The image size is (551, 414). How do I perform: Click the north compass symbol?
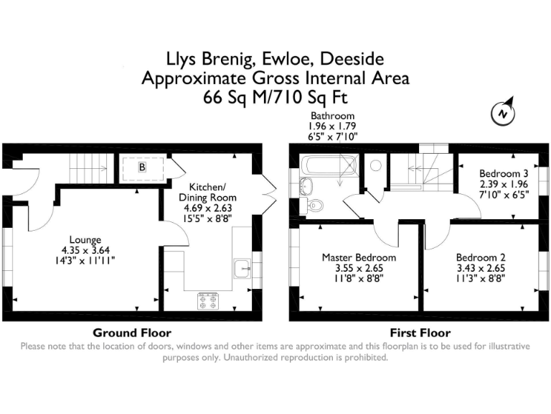(504, 113)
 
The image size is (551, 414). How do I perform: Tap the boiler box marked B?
(142, 167)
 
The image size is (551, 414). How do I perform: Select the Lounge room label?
(85, 240)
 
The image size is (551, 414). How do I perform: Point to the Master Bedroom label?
(359, 257)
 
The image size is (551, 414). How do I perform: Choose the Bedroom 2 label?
(481, 257)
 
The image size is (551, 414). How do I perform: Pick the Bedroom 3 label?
(504, 174)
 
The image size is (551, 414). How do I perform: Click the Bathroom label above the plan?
(331, 116)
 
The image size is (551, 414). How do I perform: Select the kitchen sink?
(240, 269)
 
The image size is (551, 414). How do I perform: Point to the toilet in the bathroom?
(315, 206)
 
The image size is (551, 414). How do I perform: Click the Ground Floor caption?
(132, 333)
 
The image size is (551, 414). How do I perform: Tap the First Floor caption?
(420, 333)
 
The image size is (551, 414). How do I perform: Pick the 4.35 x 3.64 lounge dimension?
(85, 250)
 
